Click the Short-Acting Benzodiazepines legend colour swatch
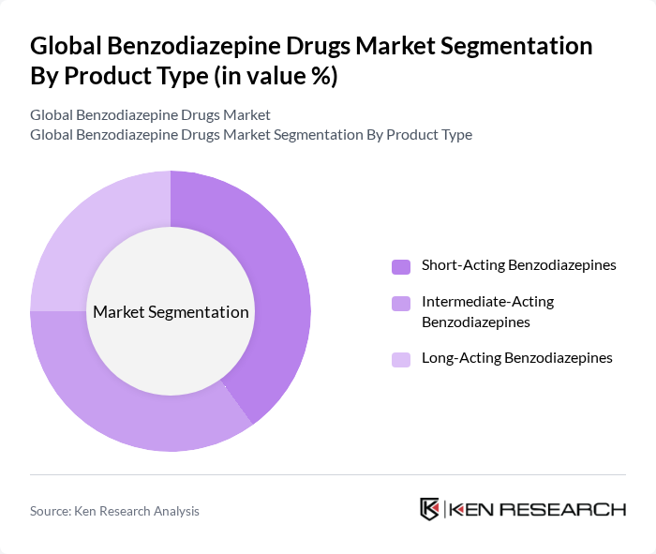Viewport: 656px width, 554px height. pos(401,266)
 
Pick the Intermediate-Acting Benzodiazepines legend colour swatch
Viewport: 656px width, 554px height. pos(401,303)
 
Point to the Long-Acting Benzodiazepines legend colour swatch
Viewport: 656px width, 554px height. pos(401,359)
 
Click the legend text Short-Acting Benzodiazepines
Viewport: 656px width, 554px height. pos(518,265)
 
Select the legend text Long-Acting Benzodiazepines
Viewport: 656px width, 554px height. pos(516,358)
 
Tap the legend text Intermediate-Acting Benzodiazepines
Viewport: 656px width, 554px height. pos(487,312)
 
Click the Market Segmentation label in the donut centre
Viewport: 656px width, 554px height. pos(171,312)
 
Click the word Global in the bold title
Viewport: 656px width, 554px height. pos(69,47)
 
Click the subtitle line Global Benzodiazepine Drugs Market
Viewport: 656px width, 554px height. pos(150,115)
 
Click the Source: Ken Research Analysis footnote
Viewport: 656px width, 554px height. pos(114,511)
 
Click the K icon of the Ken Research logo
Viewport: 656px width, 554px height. pos(430,509)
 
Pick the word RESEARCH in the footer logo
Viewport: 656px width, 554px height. pos(565,510)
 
